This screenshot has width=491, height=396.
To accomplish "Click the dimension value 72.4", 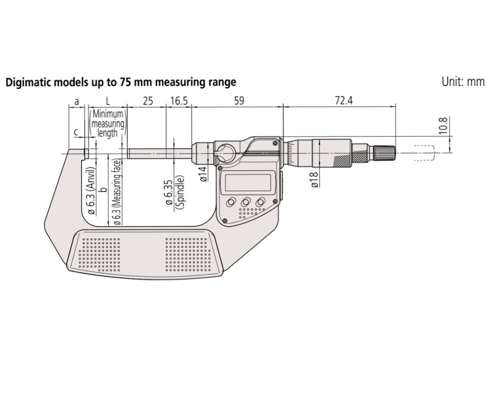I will point(343,100).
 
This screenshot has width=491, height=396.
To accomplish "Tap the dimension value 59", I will point(238,100).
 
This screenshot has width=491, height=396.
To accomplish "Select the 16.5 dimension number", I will point(178,100).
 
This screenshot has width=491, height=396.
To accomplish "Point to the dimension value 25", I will point(148,100).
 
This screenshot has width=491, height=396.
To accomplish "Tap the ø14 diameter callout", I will point(204,173).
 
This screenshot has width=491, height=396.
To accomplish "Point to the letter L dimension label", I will point(108,100).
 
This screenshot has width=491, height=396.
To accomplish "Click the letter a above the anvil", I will point(77,100).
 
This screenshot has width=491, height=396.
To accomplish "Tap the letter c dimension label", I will point(76,132).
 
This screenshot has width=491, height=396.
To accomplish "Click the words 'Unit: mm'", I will point(462,82).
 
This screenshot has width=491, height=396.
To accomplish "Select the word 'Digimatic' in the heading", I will point(26,82).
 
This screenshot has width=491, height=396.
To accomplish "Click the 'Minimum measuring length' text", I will point(108,123).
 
